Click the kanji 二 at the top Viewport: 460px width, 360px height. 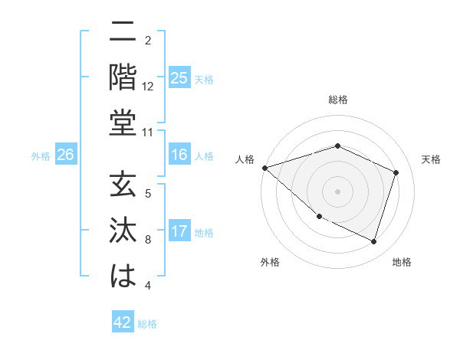click(x=123, y=33)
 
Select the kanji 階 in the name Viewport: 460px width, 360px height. click(x=123, y=77)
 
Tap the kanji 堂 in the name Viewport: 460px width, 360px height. click(x=123, y=123)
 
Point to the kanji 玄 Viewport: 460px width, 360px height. click(x=123, y=186)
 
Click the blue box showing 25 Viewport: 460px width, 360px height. click(x=179, y=78)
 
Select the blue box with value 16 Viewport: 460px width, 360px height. click(x=179, y=155)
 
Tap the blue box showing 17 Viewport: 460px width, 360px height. click(x=179, y=231)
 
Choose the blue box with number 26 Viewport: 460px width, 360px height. click(x=65, y=155)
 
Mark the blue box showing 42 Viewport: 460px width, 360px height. click(x=122, y=322)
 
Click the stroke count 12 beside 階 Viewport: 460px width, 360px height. click(x=148, y=87)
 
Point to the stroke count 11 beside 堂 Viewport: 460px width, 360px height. click(x=148, y=133)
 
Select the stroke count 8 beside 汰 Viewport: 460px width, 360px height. click(x=148, y=241)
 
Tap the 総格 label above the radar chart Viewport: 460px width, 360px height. click(x=337, y=100)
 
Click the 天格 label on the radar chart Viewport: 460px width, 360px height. click(x=431, y=159)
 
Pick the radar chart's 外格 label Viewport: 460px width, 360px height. click(x=270, y=262)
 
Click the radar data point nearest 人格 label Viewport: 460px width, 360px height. click(x=264, y=168)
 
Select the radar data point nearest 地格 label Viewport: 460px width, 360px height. click(x=374, y=242)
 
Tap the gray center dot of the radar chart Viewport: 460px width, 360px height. click(x=337, y=191)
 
